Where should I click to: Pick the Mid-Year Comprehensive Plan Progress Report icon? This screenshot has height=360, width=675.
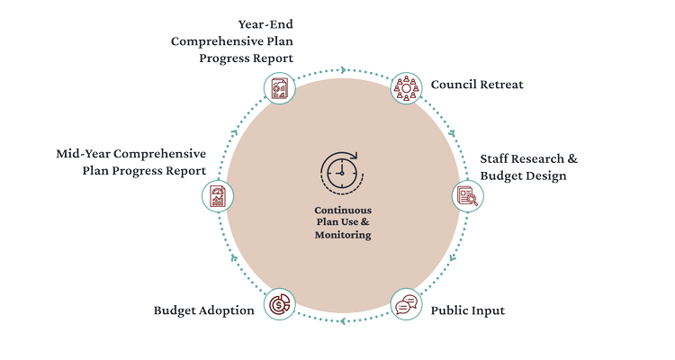(x=216, y=195)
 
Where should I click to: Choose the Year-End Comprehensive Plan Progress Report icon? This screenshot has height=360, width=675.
(x=278, y=87)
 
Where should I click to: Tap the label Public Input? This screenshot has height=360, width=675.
(x=466, y=310)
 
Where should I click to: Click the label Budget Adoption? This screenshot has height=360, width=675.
(x=205, y=310)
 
